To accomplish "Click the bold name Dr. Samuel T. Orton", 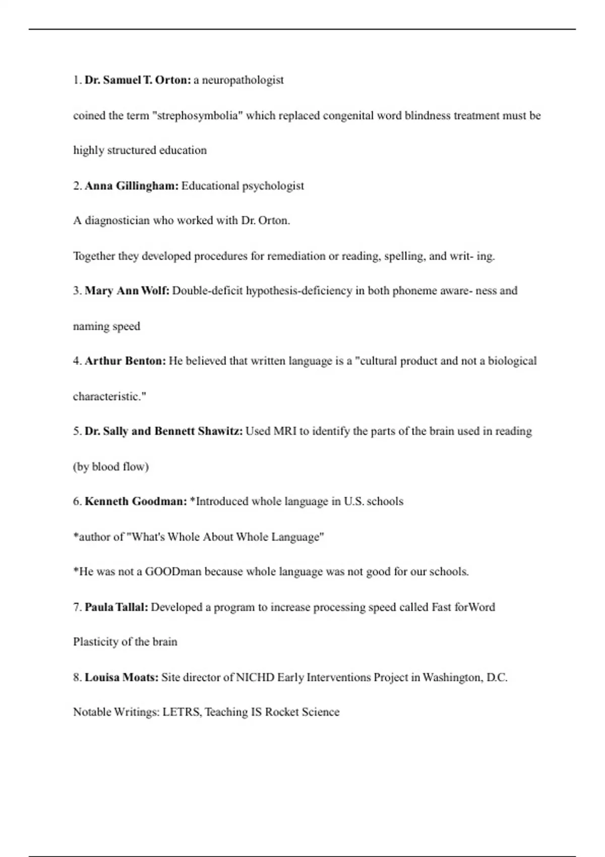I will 138,80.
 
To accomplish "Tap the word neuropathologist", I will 243,80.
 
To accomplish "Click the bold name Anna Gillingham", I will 132,186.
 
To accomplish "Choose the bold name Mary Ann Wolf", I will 127,291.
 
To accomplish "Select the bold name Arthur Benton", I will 125,361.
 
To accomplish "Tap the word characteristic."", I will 109,397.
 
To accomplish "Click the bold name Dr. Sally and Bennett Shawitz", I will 163,432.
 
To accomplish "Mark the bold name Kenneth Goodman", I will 136,502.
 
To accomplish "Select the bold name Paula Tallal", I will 116,607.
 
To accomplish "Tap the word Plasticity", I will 96,642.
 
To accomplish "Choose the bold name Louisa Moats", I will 122,677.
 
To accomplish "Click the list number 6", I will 77,502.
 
